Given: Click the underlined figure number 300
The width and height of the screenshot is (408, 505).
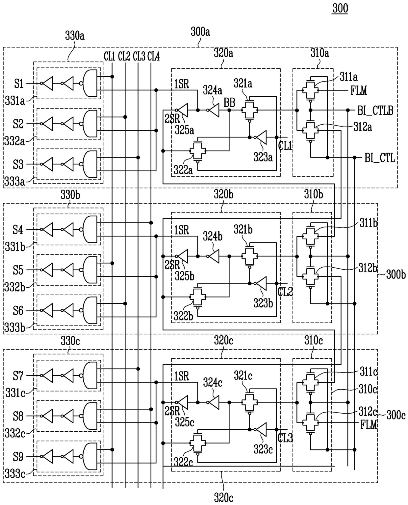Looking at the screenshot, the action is [x=340, y=8].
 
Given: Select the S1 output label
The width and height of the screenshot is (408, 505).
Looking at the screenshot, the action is [x=19, y=84].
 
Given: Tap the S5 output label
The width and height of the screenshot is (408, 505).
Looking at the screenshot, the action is [x=18, y=270].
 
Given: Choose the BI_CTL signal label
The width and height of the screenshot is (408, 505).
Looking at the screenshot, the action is [x=380, y=158].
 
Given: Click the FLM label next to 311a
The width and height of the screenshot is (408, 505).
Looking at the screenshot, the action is [x=359, y=90].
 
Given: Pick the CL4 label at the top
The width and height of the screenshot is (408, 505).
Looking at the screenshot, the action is [x=153, y=57].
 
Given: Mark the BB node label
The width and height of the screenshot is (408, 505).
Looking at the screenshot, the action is [x=229, y=103].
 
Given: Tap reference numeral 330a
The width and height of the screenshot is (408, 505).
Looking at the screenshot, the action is [x=75, y=36].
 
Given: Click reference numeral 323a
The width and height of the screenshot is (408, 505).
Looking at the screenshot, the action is [x=263, y=157].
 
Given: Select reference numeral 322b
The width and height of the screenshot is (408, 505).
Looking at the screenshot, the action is [x=183, y=316].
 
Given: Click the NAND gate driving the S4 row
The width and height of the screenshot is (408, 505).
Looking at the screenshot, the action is [x=89, y=229].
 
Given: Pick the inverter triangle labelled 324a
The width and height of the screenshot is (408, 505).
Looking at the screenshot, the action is [x=213, y=110].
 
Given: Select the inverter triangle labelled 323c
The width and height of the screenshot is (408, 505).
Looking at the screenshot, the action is [x=260, y=430].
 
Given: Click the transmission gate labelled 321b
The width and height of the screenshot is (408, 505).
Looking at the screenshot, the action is [x=249, y=256].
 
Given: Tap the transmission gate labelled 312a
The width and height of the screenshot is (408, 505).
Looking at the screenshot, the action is [x=311, y=130].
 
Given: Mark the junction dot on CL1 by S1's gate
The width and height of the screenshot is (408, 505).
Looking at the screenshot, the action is [x=113, y=77].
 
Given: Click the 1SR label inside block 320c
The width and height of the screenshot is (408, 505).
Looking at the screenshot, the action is [x=182, y=376].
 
